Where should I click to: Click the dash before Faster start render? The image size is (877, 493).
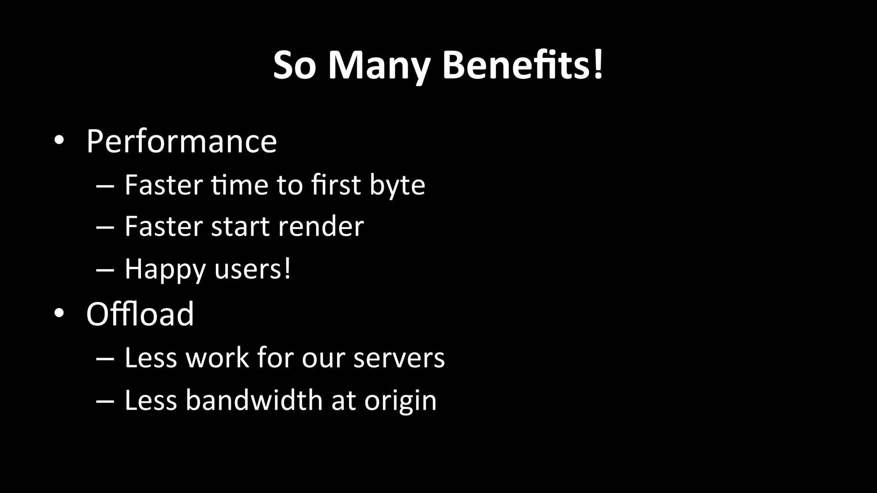(105, 227)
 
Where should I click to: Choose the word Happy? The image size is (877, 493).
(165, 270)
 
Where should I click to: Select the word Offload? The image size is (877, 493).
(140, 314)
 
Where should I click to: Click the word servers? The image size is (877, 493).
(399, 358)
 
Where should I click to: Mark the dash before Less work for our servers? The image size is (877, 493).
(105, 359)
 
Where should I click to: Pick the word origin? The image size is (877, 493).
(400, 401)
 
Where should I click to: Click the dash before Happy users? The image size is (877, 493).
(105, 270)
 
